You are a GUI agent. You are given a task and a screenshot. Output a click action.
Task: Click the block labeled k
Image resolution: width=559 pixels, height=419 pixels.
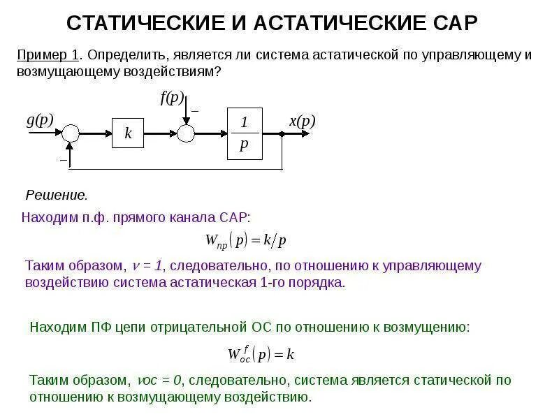click(x=128, y=133)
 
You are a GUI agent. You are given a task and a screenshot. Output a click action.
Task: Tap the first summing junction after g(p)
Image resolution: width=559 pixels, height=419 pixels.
click(x=71, y=133)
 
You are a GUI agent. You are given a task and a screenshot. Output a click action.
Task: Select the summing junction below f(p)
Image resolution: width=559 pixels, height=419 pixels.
click(x=185, y=133)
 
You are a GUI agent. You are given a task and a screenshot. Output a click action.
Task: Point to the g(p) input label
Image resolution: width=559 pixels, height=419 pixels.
click(x=40, y=119)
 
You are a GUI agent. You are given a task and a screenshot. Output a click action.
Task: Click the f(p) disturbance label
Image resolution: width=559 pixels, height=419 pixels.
click(x=172, y=98)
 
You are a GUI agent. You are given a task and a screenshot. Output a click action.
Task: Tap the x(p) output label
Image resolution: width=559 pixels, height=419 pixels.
click(x=303, y=122)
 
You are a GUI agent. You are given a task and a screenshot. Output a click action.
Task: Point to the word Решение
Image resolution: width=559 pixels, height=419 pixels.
click(x=57, y=194)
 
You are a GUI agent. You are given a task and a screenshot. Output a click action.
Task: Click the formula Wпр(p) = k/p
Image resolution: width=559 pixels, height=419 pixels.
click(x=246, y=241)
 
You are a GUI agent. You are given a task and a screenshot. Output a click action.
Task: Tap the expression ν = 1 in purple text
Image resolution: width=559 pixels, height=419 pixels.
click(x=147, y=266)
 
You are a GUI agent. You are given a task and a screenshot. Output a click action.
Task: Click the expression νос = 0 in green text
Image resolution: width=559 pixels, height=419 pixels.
click(x=159, y=381)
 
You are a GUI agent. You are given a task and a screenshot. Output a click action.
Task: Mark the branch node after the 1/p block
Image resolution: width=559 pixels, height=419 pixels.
click(x=282, y=133)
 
